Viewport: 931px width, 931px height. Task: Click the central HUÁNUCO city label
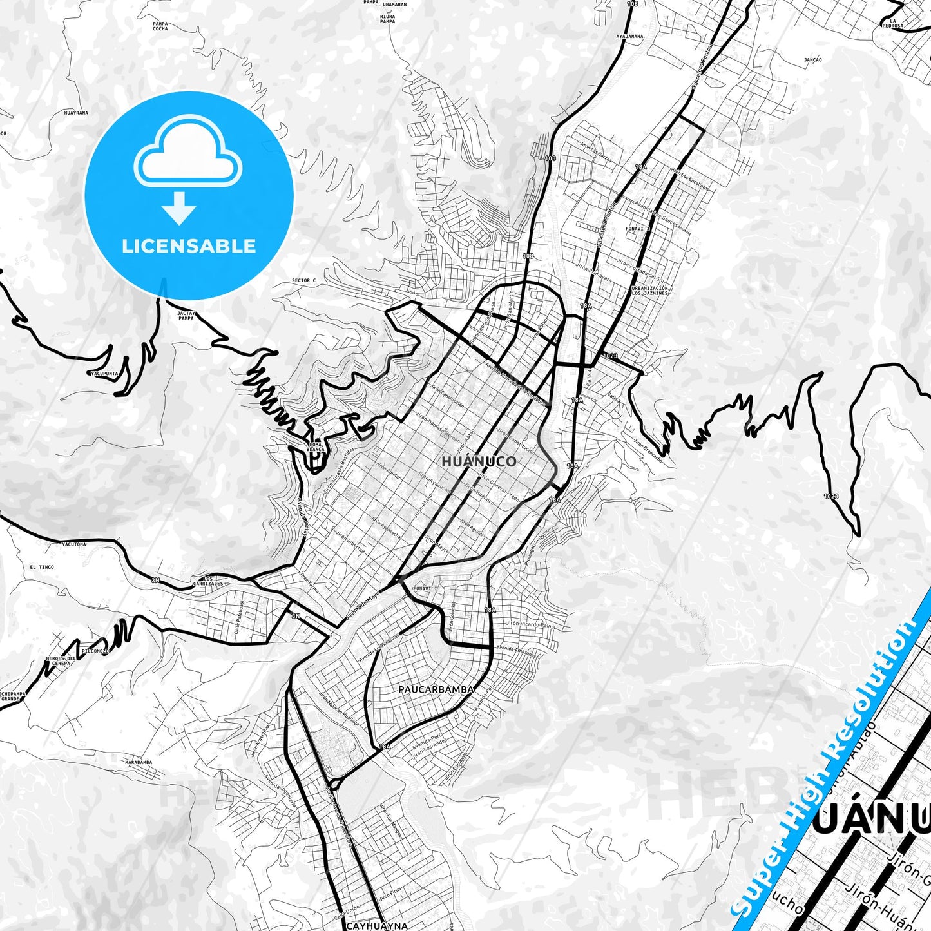479,461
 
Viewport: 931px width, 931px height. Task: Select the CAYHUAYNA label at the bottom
377,926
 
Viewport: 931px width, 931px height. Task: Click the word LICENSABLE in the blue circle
189,246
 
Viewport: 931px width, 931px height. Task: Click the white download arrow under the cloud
179,207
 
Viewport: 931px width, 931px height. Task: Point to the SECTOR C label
303,281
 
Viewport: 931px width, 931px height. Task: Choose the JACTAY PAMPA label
186,316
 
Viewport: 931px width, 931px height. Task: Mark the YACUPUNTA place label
104,373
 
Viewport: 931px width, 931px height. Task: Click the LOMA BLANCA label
315,446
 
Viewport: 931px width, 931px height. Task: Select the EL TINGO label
42,567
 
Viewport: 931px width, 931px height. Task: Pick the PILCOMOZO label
95,651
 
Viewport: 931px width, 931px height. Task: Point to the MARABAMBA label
139,762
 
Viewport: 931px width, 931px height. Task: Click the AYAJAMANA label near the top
629,37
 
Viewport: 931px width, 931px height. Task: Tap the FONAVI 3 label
638,229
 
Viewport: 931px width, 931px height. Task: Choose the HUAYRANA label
76,113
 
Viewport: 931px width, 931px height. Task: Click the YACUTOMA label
73,544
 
